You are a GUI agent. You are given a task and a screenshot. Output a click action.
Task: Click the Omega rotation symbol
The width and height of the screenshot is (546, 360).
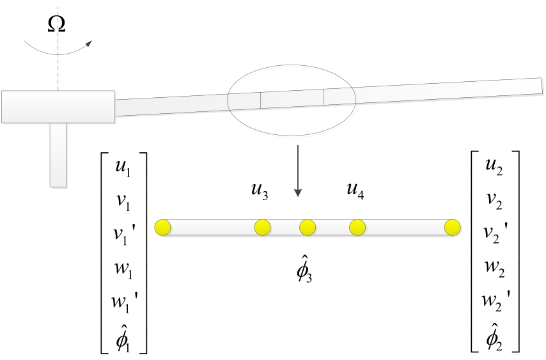coord(56,24)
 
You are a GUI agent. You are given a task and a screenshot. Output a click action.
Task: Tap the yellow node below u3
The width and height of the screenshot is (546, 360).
coord(263,228)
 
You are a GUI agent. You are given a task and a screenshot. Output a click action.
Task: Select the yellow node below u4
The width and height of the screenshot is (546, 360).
coord(357,228)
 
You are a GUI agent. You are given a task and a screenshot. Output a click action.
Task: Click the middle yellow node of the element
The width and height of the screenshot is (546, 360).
coord(308,228)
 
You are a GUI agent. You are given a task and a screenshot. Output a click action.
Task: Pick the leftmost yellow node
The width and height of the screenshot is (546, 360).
coord(162,228)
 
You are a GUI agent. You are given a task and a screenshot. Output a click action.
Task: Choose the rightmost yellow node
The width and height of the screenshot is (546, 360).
coord(453,228)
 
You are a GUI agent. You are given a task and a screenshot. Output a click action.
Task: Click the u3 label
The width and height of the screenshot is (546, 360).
coord(260,191)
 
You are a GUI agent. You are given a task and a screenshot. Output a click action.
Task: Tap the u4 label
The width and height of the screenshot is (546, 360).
coord(355,191)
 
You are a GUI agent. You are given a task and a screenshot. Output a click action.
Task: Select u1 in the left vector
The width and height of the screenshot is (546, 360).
coord(123,169)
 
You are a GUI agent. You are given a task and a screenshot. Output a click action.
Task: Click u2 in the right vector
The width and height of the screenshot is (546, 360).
coord(494,167)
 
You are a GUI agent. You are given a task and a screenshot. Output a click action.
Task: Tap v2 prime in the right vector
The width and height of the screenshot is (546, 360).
coord(497,233)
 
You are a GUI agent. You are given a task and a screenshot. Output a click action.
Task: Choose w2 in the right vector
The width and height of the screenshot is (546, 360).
coord(494,269)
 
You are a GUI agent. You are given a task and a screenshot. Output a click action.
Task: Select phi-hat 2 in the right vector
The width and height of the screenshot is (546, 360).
coord(494,336)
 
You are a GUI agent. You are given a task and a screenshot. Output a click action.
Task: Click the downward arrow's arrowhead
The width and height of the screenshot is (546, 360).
coord(298,192)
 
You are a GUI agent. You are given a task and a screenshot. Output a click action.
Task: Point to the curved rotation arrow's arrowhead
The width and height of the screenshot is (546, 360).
coord(88,43)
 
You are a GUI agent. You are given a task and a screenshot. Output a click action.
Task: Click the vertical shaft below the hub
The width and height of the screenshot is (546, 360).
coord(58,155)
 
